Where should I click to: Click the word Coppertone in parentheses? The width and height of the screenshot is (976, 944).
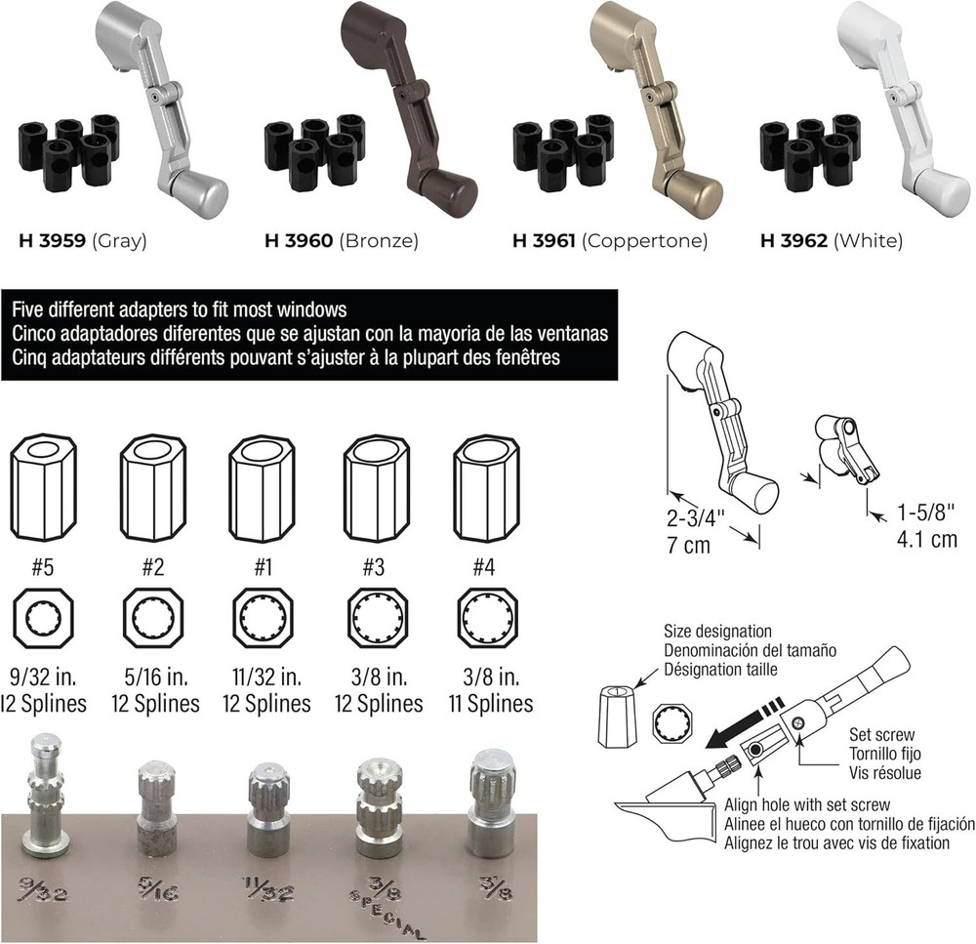click(x=644, y=240)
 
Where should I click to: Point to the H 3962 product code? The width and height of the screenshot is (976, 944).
click(x=792, y=240)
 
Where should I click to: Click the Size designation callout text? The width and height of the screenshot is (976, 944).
click(x=716, y=632)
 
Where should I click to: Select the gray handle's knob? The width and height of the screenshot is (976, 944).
click(x=202, y=189)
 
